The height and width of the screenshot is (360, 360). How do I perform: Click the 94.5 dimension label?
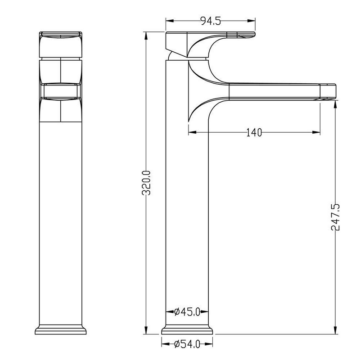tap(210, 21)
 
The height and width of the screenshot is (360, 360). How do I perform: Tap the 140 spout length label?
tap(254, 132)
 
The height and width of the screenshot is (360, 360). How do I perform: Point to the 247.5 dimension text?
tap(335, 217)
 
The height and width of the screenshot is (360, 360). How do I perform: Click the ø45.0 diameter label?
tap(187, 312)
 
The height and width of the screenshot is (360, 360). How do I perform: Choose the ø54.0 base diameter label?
tap(187, 344)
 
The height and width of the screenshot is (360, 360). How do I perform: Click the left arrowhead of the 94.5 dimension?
tap(170, 21)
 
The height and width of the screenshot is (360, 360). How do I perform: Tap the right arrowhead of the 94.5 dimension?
tap(252, 21)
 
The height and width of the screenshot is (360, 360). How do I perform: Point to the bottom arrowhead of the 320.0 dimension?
tap(146, 330)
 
